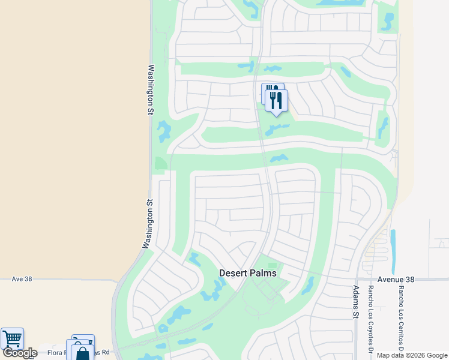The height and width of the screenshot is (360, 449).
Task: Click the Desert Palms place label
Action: click(247, 273)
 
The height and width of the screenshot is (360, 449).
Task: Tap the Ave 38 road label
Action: click(22, 279)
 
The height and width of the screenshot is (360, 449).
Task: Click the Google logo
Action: click(19, 353)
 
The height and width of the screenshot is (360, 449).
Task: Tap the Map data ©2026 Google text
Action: click(412, 355)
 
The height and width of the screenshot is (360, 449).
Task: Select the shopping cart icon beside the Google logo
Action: click(11, 339)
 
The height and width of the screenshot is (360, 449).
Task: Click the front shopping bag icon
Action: click(82, 353)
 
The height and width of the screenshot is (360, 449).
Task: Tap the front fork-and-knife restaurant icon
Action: click(276, 100)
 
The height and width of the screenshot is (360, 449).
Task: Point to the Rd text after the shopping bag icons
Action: click(105, 352)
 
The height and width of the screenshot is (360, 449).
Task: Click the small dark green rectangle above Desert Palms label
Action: click(273, 265)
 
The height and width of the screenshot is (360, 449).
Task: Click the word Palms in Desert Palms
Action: click(262, 273)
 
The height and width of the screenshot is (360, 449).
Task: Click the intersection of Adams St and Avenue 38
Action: click(357, 278)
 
